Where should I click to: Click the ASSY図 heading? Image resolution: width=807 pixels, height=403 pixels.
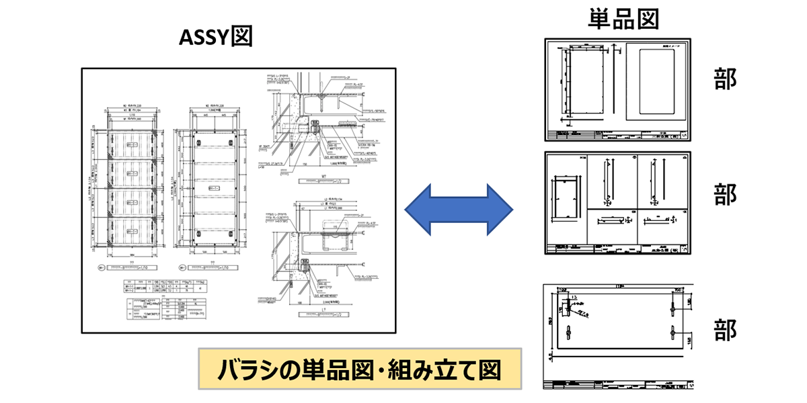[215, 38]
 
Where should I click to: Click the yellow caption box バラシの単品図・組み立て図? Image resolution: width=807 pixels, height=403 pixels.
[360, 369]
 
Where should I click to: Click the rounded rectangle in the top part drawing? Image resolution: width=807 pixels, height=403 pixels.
[655, 81]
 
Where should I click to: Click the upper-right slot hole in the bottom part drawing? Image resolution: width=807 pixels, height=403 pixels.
[672, 306]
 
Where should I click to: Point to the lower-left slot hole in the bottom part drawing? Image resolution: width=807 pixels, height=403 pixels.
[569, 332]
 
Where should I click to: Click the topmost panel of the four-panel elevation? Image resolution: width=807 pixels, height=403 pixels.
[126, 144]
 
